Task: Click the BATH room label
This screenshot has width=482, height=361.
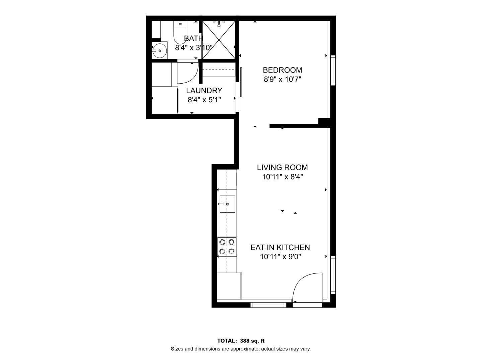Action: click(193, 38)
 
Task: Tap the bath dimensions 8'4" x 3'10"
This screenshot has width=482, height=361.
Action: click(193, 47)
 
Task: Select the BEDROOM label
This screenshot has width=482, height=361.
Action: click(282, 70)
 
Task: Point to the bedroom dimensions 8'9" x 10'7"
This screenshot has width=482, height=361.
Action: click(282, 80)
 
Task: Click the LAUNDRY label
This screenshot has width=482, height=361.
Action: click(204, 91)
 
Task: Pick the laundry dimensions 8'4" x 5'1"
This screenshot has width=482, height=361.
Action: click(204, 100)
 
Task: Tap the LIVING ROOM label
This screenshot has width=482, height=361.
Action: click(282, 167)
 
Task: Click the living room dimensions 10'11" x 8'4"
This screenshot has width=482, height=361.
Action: click(282, 177)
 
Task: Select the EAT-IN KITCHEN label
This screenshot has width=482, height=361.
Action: click(280, 247)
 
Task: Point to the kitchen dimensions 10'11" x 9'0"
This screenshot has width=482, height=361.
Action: click(280, 257)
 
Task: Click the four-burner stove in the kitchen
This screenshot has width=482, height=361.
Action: click(227, 247)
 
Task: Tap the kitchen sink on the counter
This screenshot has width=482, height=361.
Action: click(227, 204)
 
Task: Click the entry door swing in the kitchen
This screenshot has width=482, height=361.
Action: click(306, 287)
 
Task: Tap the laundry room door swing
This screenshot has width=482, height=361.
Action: click(187, 73)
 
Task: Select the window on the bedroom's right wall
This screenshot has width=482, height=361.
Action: click(333, 70)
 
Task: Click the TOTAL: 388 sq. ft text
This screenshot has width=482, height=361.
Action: click(241, 341)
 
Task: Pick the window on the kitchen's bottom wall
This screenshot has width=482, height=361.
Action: click(268, 305)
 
